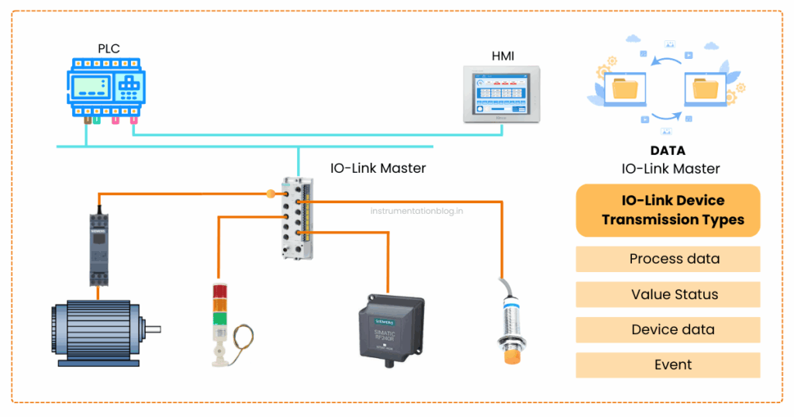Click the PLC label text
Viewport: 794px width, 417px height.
tap(109, 49)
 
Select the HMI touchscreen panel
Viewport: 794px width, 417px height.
tap(502, 94)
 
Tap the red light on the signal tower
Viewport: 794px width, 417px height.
tap(221, 292)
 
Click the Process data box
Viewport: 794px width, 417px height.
tap(668, 259)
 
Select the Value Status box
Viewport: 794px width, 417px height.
tap(668, 295)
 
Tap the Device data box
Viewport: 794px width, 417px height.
tap(668, 329)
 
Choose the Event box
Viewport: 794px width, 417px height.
tap(668, 365)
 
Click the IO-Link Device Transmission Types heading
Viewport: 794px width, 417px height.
tap(668, 210)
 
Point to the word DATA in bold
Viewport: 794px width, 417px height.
tap(668, 151)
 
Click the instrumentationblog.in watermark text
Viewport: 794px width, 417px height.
tap(416, 209)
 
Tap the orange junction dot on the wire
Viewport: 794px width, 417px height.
tap(271, 194)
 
